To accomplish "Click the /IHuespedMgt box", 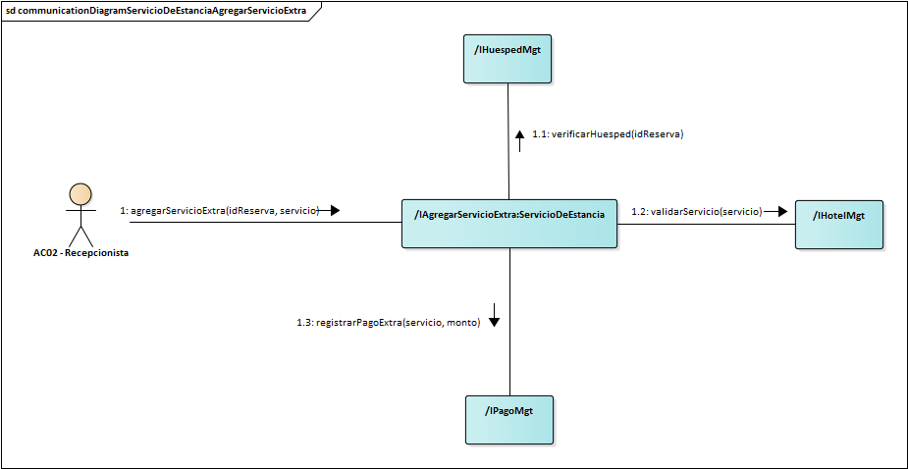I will click(x=507, y=59).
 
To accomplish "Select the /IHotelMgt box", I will click(x=838, y=225).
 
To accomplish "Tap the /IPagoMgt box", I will click(x=508, y=419).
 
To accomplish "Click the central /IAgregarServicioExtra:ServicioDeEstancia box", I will click(x=509, y=223).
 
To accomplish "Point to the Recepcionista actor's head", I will click(x=80, y=193).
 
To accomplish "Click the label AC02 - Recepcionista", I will click(x=80, y=253).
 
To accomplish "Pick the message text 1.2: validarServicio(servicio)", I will click(x=696, y=211).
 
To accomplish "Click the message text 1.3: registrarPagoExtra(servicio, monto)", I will click(x=389, y=322).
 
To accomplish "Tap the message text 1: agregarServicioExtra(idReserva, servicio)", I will click(x=220, y=211).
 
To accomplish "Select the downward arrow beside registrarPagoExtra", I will click(x=494, y=315).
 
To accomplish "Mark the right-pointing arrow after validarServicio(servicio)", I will click(x=776, y=210).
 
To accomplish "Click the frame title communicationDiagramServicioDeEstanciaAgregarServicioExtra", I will click(x=163, y=9).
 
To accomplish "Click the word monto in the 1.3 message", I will click(x=462, y=322).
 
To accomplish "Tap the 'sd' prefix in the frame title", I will click(x=11, y=9).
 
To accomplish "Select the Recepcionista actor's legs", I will click(x=80, y=236).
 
